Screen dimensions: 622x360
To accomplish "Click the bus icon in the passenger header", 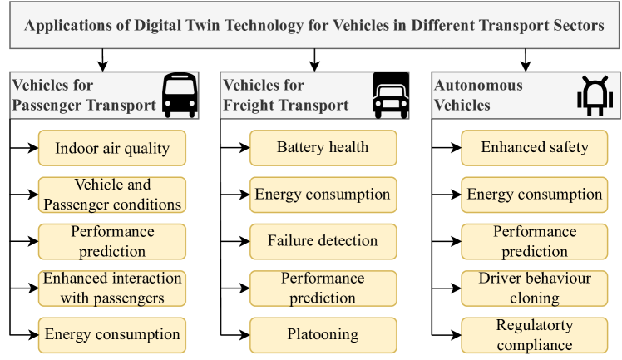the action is tap(179, 95).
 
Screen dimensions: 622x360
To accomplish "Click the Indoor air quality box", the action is tap(112, 149).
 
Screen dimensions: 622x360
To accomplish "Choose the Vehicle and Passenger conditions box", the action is tap(112, 195).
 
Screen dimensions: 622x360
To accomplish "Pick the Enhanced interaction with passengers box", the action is tap(112, 287).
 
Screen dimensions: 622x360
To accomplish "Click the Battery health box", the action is tap(323, 147).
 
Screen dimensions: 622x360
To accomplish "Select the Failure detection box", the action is tap(323, 241).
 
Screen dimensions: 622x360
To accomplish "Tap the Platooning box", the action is tap(323, 334).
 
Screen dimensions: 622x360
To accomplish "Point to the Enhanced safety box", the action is tap(535, 147).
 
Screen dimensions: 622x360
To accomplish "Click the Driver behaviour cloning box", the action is tap(535, 287).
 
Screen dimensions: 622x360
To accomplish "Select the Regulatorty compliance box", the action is tap(535, 334).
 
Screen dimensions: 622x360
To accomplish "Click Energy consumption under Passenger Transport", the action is tap(112, 334).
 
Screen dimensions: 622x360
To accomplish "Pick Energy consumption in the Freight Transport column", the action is tap(323, 195).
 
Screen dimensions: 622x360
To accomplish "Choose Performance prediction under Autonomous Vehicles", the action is tap(535, 241).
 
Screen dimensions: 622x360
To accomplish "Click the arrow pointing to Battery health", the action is tap(235, 148).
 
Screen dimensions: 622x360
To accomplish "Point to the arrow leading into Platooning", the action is tap(235, 334).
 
